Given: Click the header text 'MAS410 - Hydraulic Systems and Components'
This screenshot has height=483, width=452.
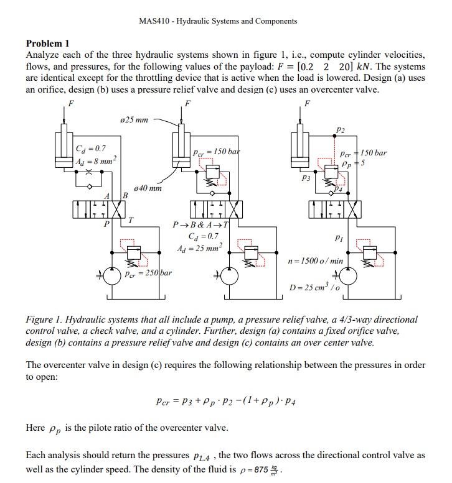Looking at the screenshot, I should pyautogui.click(x=219, y=21).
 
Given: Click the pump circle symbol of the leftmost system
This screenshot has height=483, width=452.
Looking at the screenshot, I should pyautogui.click(x=112, y=275).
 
